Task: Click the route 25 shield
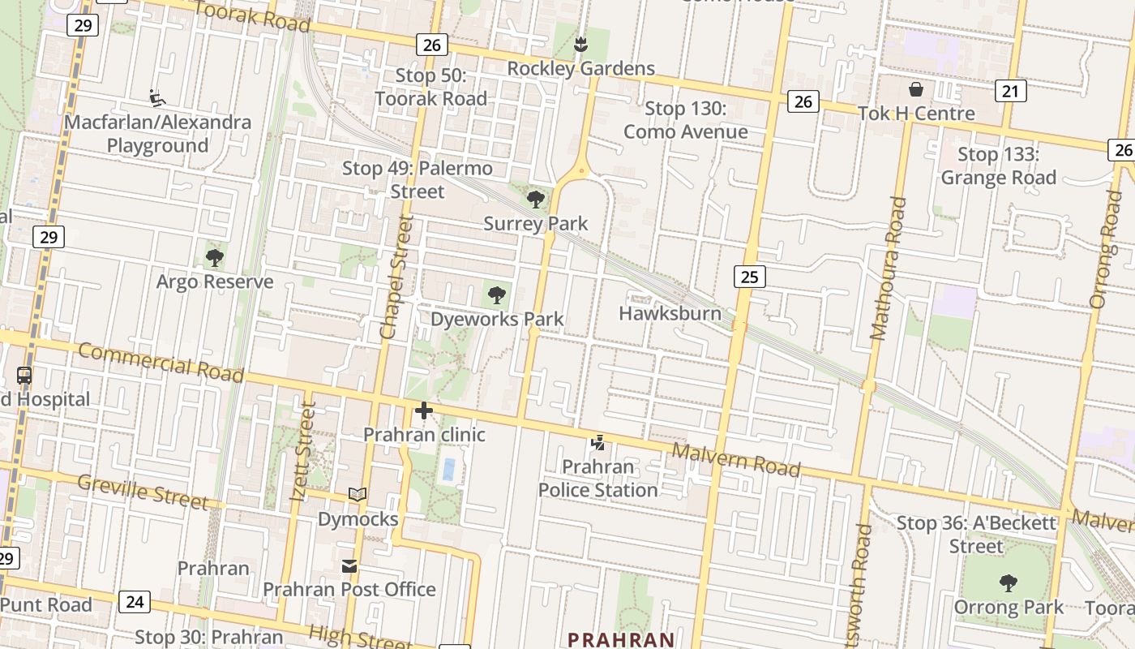749,277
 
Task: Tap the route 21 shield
1009,91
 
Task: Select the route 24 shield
135,601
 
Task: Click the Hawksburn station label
670,313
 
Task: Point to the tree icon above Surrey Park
535,199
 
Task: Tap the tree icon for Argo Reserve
215,258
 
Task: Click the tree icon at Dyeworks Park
497,295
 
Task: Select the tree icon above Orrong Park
1009,582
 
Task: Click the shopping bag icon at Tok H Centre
916,89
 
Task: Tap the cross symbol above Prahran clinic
423,411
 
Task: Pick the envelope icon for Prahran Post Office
349,565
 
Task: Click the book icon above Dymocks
358,494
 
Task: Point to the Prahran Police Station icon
598,443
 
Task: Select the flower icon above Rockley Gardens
580,44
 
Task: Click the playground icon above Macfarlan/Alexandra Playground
157,98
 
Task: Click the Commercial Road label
161,363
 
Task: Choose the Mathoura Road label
887,269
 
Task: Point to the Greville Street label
143,492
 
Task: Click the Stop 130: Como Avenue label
686,120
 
